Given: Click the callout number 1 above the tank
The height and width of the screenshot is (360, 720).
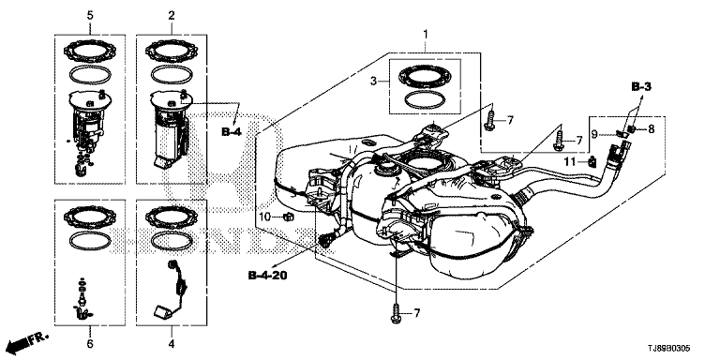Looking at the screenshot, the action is pos(426,34).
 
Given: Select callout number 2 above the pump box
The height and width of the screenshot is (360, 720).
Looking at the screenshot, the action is pos(172,16).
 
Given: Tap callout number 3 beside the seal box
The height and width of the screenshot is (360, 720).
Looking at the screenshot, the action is pos(374,82).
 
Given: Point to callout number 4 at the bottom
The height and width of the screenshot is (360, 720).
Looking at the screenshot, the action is pos(172,343).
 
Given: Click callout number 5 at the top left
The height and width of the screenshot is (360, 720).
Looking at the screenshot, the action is pos(90,16).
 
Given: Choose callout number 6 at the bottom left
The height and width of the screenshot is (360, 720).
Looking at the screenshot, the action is pos(90,343).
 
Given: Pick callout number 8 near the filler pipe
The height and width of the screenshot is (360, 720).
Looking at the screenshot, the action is pos(651,130).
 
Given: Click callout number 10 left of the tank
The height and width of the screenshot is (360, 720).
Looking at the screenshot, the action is pos(265,216).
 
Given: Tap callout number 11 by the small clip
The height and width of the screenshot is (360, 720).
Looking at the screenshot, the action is pos(570,161).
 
